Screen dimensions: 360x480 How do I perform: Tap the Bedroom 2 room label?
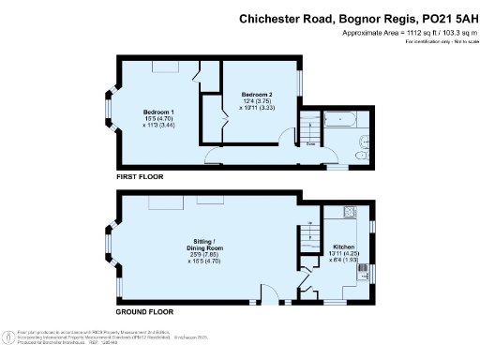pyautogui.click(x=256, y=95)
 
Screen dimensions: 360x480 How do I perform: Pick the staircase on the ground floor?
pyautogui.click(x=308, y=246)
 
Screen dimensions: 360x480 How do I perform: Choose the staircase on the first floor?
pyautogui.click(x=308, y=127)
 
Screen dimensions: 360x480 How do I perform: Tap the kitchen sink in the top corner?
pyautogui.click(x=349, y=212)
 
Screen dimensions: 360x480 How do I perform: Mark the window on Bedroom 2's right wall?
pyautogui.click(x=301, y=83)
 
